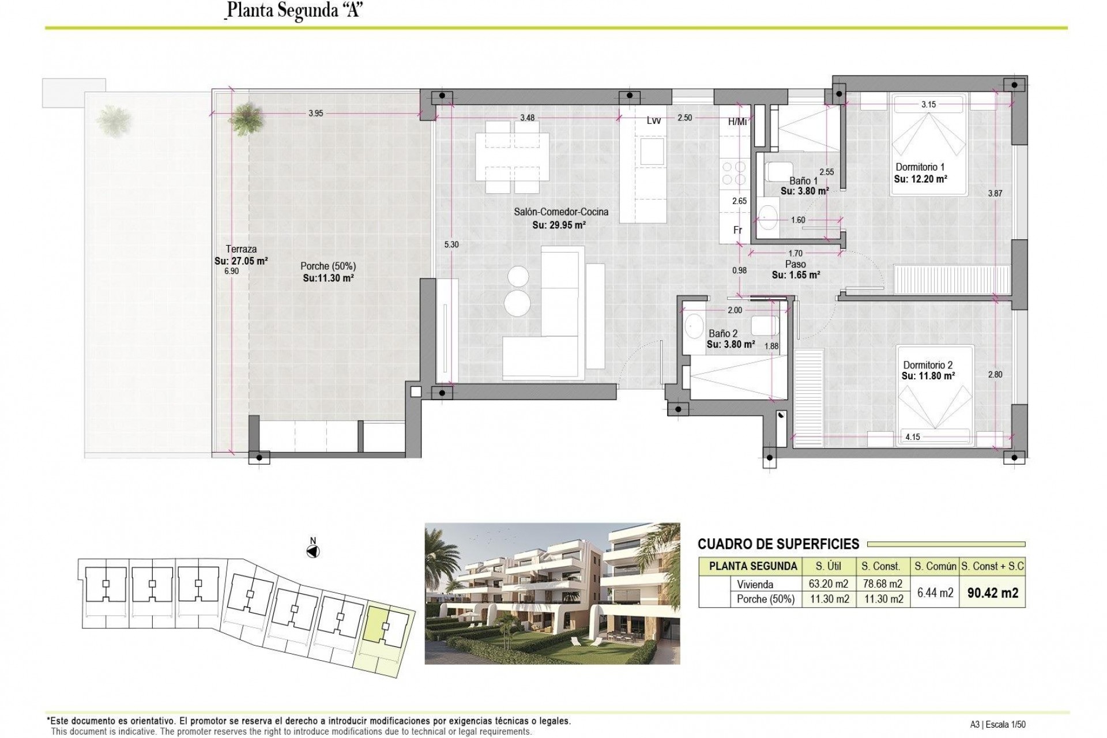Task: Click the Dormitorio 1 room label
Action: click(920, 167)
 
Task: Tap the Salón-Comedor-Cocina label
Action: click(561, 212)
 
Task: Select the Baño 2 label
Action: click(723, 333)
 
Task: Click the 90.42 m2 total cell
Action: click(992, 593)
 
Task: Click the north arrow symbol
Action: click(313, 551)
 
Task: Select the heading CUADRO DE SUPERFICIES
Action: click(778, 544)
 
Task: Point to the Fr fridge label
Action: click(737, 230)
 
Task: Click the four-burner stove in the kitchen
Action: click(733, 172)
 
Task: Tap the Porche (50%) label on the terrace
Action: click(328, 266)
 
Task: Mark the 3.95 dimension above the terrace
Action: click(315, 114)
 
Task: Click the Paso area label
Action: click(795, 264)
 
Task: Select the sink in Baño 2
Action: click(692, 326)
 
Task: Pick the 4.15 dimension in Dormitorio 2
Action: click(912, 437)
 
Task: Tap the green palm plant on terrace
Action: click(247, 119)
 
